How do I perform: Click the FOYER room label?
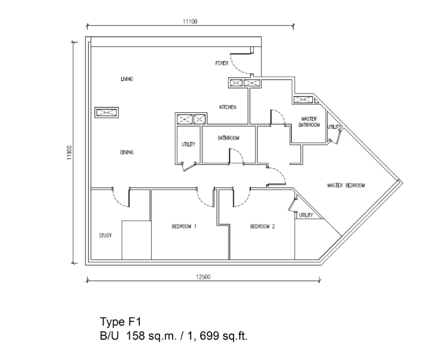(x=222, y=63)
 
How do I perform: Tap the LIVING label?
(x=127, y=79)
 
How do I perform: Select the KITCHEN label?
(x=228, y=107)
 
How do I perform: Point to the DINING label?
(x=127, y=152)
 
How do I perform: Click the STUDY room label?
(x=105, y=235)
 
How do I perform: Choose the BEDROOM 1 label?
(x=184, y=226)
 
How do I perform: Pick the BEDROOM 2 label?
(x=262, y=226)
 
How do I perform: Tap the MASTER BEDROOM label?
(x=346, y=185)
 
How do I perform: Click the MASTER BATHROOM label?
(x=309, y=122)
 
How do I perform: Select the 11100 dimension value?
(x=190, y=22)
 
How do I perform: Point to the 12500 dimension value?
(x=203, y=277)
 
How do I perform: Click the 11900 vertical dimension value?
(x=69, y=153)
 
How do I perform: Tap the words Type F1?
(x=120, y=321)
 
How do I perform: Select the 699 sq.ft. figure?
(x=223, y=336)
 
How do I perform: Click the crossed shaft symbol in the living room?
(x=107, y=112)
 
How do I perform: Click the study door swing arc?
(x=118, y=201)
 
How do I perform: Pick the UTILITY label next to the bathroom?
(x=189, y=144)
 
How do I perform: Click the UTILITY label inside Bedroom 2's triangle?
(x=306, y=215)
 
